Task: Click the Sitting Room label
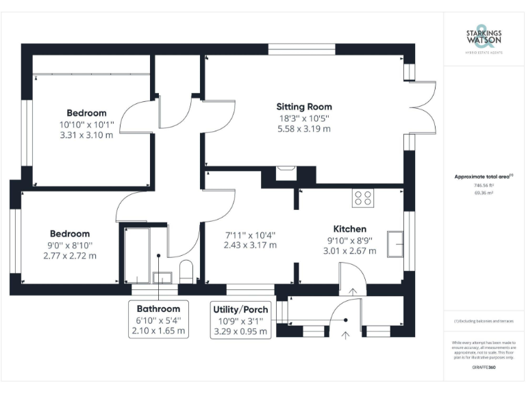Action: tap(304, 107)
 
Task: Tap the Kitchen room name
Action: tap(349, 228)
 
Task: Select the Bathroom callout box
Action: tap(158, 319)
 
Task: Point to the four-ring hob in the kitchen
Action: tap(363, 198)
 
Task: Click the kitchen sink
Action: tap(395, 244)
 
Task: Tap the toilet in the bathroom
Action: tap(186, 271)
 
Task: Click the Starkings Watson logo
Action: tap(484, 41)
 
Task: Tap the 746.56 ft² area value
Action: tap(484, 185)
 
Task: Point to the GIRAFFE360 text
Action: tap(484, 368)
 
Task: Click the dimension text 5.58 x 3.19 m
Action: tap(304, 128)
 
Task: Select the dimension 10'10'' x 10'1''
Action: tap(86, 124)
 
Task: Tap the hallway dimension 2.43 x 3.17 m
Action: tap(249, 245)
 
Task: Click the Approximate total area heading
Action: tap(484, 176)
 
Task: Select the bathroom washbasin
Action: tap(163, 277)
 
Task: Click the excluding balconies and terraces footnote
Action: tap(484, 321)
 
